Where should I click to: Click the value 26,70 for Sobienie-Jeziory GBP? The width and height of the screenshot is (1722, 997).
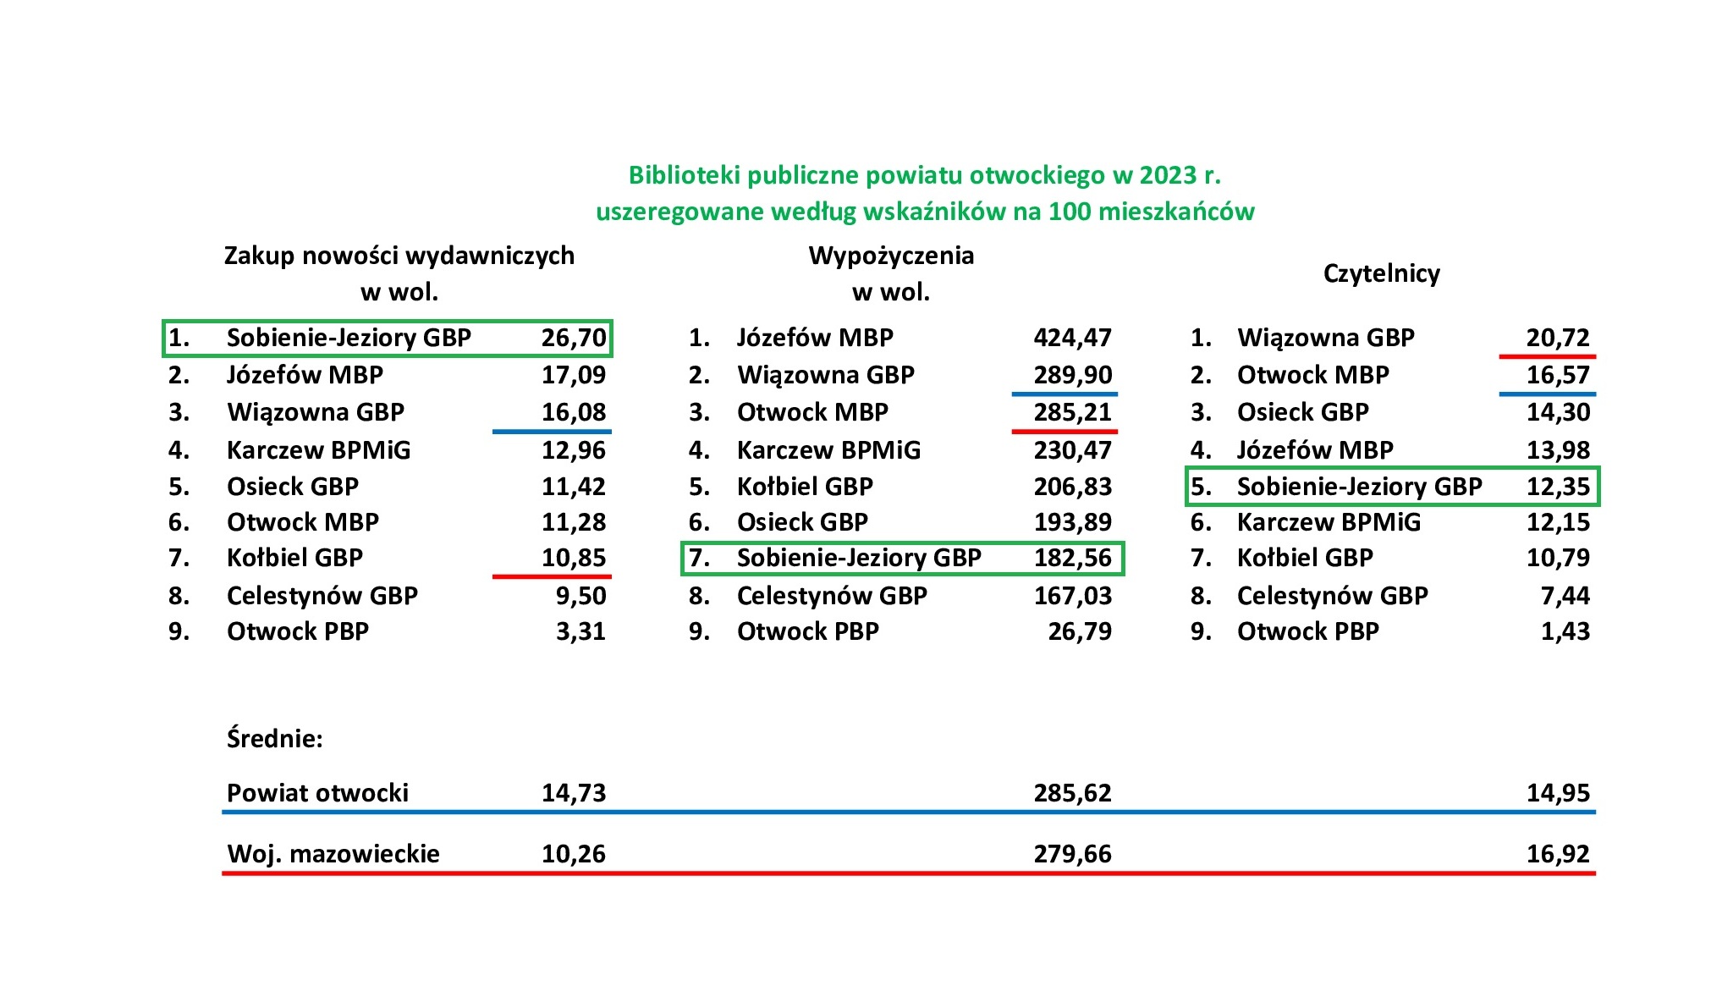pos(574,338)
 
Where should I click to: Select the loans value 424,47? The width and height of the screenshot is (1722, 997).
pos(1072,338)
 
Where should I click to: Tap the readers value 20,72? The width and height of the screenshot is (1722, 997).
pos(1558,338)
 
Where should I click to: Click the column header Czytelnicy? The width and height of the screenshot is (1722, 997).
pos(1381,273)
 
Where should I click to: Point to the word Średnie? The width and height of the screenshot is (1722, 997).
pos(274,739)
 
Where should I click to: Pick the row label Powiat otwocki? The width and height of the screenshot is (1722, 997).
pos(317,793)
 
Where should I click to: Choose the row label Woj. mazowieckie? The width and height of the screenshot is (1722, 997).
pos(333,853)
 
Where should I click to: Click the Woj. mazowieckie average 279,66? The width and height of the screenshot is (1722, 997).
pos(1072,853)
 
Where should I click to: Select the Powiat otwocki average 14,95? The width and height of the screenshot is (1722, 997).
pos(1558,793)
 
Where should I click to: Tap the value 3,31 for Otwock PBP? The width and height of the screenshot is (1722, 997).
pos(580,631)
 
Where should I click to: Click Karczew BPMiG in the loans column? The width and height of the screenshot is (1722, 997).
pos(828,450)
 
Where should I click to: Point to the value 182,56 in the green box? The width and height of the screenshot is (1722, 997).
pos(1072,558)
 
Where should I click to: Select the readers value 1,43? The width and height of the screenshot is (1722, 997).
pos(1565,631)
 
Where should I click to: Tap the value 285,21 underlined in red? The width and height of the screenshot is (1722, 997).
pos(1072,412)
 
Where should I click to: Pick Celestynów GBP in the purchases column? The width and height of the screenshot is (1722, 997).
pos(322,596)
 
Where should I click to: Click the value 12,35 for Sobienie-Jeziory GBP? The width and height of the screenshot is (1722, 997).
pos(1558,487)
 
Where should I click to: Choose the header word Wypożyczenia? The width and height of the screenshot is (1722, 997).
pos(891,256)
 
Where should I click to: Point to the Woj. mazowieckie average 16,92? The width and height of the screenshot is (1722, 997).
pos(1558,853)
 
